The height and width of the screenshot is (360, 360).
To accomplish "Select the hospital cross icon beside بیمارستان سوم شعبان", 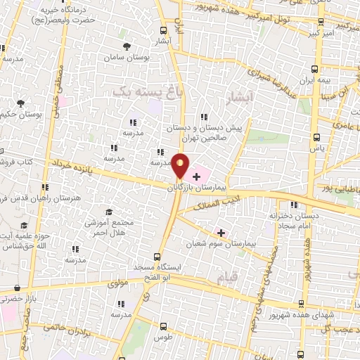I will [x=221, y=233].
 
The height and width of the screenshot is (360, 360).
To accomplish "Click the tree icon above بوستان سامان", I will [x=127, y=46].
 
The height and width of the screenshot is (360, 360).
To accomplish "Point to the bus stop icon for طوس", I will [x=164, y=326].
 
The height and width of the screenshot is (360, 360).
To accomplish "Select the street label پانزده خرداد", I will [x=71, y=168].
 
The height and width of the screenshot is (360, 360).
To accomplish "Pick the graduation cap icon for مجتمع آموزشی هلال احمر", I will [x=109, y=212].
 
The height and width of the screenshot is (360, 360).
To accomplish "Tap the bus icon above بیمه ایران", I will [x=315, y=69].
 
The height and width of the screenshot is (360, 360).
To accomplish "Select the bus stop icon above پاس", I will [x=316, y=138].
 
